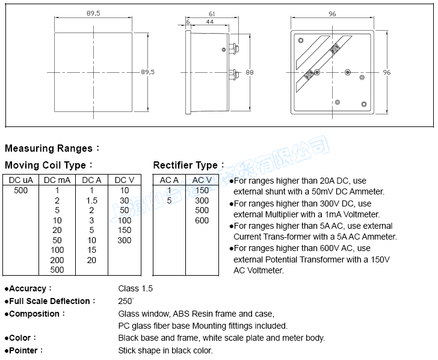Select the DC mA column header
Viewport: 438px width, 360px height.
tap(57, 179)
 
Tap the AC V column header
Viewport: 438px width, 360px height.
tap(202, 179)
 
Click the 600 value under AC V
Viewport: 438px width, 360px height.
tap(202, 220)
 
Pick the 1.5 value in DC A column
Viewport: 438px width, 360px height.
tap(91, 200)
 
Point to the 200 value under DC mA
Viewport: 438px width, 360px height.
tap(57, 260)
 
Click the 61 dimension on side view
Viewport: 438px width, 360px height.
tap(212, 14)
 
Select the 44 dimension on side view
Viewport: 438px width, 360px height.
tap(209, 22)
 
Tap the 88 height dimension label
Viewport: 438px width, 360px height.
tap(250, 72)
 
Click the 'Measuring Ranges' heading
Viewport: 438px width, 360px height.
tap(49, 149)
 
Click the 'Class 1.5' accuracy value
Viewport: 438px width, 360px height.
tap(135, 288)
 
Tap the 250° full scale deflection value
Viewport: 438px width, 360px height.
tap(126, 301)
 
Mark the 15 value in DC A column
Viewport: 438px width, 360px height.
tap(91, 250)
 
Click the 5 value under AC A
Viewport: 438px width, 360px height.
tap(170, 200)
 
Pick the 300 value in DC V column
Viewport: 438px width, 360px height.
tap(125, 240)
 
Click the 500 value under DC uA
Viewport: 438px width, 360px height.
tap(20, 190)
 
